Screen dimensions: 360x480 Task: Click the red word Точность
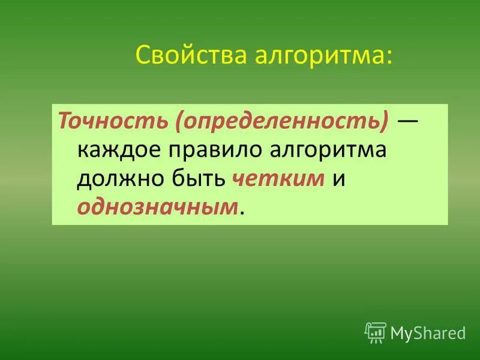[113, 122]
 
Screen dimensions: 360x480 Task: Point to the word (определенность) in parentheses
[282, 122]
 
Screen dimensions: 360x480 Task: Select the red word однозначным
[158, 207]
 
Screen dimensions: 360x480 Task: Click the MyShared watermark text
[428, 332]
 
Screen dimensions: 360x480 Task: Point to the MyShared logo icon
[376, 332]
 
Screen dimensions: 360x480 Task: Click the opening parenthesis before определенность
[179, 122]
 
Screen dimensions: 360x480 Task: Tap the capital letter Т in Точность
[64, 122]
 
